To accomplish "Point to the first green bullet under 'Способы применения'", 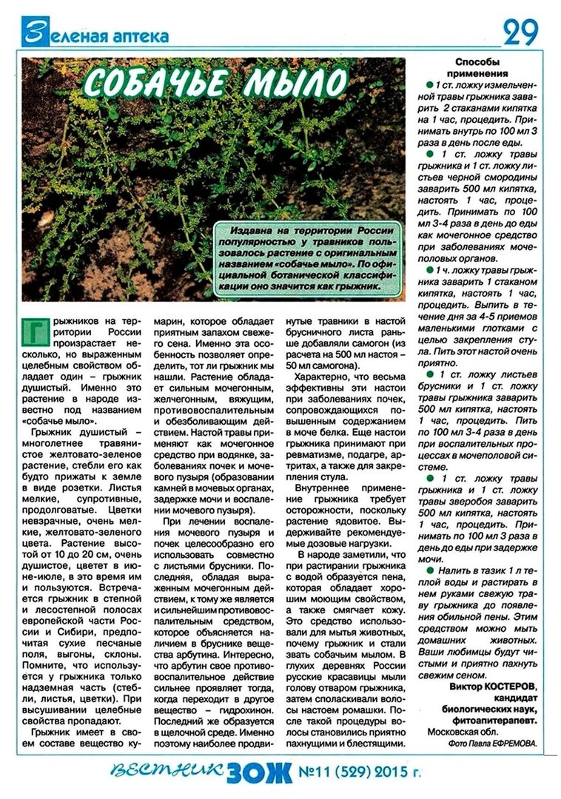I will (429, 86).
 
